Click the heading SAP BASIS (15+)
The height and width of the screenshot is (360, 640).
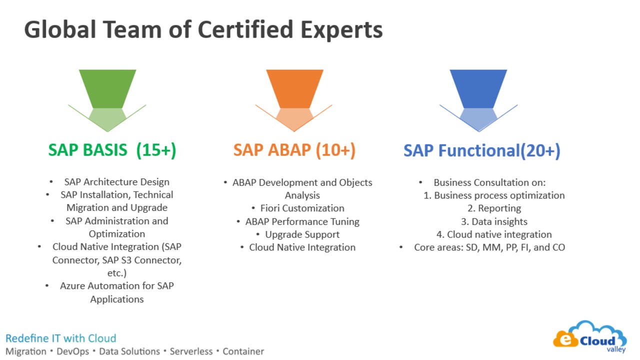(x=112, y=150)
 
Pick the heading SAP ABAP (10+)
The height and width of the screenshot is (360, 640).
(x=294, y=150)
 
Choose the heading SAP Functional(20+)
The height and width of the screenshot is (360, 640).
(x=482, y=150)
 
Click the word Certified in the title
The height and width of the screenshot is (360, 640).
(x=245, y=29)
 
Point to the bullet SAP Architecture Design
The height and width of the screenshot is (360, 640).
(x=117, y=182)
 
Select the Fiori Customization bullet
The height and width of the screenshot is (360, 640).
(x=302, y=208)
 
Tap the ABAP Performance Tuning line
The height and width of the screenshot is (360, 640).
(x=302, y=221)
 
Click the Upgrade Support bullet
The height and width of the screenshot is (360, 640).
(x=302, y=234)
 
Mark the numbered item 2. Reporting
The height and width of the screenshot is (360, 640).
(x=494, y=208)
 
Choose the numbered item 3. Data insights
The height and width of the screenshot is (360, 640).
(x=494, y=221)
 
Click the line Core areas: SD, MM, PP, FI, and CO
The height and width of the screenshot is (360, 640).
(x=489, y=247)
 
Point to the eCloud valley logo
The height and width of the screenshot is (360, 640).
(x=590, y=337)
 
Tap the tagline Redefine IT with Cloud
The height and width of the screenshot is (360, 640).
(x=61, y=338)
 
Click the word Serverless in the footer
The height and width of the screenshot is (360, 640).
(x=191, y=351)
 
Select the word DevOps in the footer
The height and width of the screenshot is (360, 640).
(x=73, y=351)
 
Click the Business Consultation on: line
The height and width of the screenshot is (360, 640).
(x=489, y=182)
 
